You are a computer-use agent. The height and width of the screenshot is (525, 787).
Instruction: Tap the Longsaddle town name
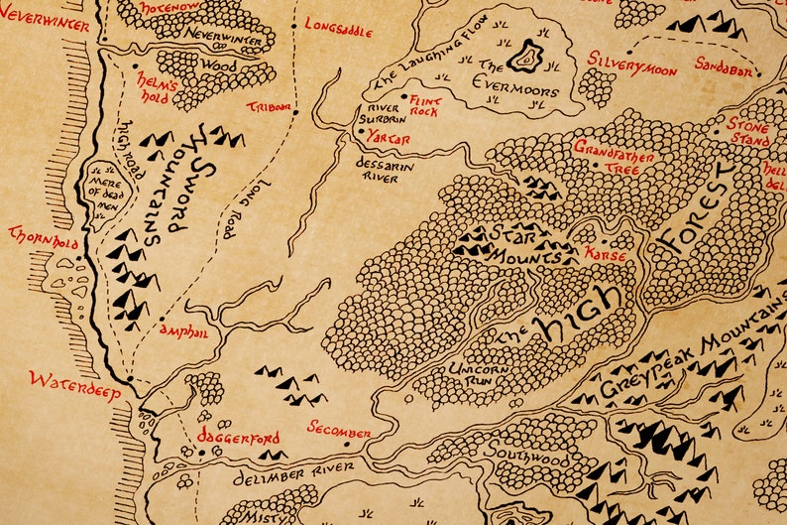click(338, 27)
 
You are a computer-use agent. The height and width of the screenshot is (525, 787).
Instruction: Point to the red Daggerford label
click(238, 438)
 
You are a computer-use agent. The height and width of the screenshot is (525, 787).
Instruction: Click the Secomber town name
click(338, 431)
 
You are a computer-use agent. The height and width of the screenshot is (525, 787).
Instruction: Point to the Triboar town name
click(270, 106)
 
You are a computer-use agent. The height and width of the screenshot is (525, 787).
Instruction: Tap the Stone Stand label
click(748, 132)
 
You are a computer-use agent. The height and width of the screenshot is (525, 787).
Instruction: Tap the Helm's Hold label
click(158, 91)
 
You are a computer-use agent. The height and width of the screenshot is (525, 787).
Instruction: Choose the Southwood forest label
click(533, 459)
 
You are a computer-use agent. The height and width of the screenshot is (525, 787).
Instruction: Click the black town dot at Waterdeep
click(130, 378)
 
